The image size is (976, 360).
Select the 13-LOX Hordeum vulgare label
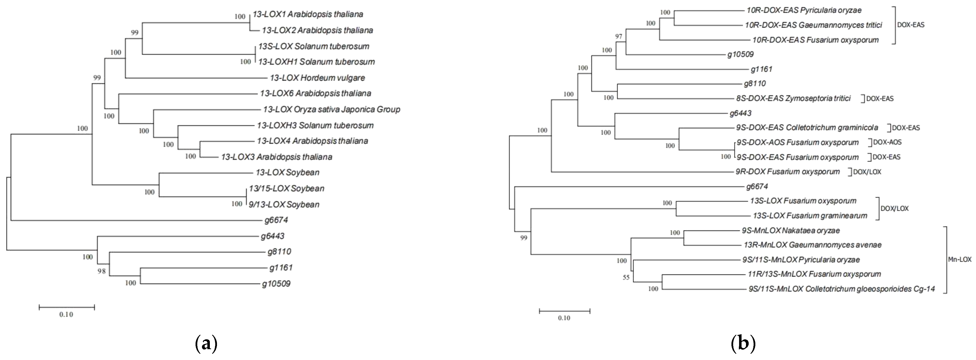tap(317, 78)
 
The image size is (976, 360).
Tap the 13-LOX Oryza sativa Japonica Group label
tap(331, 110)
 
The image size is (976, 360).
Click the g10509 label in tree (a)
tap(276, 284)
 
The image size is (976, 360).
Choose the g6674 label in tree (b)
tap(757, 186)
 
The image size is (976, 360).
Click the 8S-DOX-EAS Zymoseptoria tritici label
tap(793, 98)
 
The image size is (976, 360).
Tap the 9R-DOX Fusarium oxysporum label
tap(787, 172)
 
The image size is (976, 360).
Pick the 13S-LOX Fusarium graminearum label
tap(810, 216)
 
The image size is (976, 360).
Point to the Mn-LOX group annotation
tap(960, 260)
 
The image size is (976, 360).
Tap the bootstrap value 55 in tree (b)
tap(626, 278)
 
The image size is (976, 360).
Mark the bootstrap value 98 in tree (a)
tap(101, 271)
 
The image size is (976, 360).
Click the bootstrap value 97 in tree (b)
tap(619, 37)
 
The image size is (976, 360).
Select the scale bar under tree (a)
tap(67, 307)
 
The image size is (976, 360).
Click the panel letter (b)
tap(743, 344)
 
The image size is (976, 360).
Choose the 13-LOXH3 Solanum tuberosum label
tap(315, 125)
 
